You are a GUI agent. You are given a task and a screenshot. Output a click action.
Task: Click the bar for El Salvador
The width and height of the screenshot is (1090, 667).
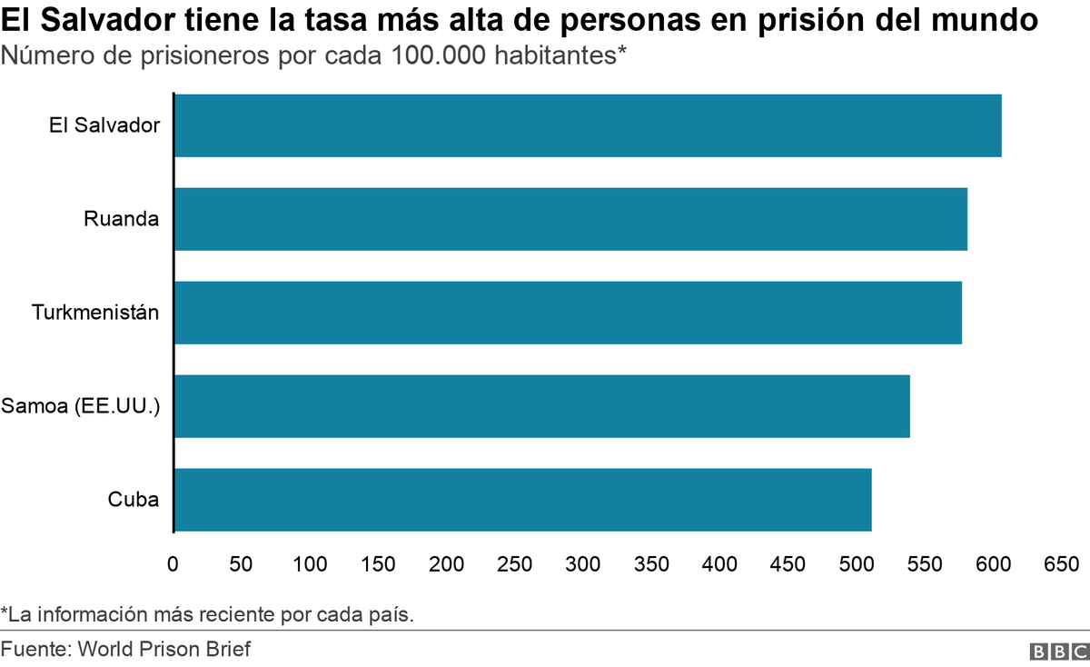click(588, 125)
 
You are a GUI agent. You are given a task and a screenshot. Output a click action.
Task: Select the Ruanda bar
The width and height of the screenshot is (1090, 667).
click(570, 219)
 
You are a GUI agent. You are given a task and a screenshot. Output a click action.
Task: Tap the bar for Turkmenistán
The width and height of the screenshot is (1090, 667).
click(568, 313)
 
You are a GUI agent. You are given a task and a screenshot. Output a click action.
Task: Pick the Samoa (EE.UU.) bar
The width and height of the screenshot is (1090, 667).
click(542, 406)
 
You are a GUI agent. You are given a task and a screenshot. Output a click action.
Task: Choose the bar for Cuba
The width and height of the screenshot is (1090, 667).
click(523, 500)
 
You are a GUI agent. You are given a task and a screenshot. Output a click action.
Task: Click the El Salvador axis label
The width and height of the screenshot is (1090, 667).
click(104, 125)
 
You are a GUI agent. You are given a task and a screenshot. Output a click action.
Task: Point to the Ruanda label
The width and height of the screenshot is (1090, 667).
click(121, 219)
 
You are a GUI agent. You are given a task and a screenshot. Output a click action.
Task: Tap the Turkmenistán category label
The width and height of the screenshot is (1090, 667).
click(95, 313)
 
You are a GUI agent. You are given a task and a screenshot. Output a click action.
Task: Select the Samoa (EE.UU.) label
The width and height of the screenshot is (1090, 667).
click(81, 406)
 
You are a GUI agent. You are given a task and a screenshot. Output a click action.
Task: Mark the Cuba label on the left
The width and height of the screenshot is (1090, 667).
click(134, 500)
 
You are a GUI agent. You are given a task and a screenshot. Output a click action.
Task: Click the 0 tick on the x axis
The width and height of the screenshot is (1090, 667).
click(173, 564)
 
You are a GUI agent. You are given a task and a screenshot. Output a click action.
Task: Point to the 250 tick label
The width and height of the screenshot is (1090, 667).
click(515, 564)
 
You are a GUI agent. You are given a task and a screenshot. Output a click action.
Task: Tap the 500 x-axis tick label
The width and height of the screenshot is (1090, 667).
click(857, 564)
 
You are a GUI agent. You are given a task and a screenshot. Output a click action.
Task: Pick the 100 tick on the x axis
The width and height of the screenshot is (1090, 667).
click(310, 564)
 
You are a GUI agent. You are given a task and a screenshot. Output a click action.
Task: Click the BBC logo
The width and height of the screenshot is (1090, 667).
click(1058, 652)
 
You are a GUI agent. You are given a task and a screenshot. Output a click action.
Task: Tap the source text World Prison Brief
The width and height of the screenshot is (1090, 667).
click(163, 650)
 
